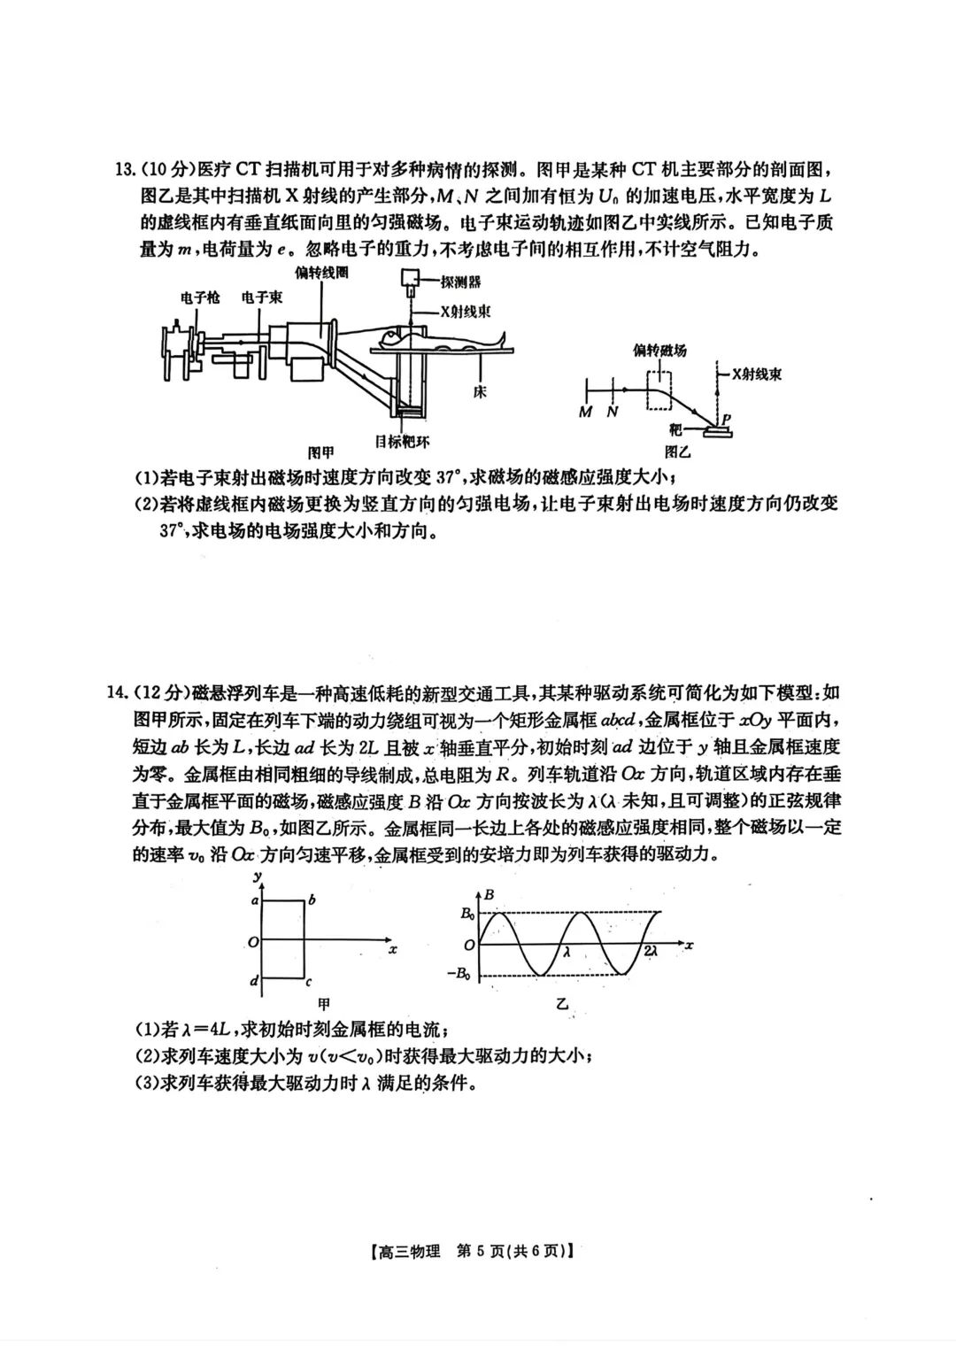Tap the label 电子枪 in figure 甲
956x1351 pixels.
[200, 297]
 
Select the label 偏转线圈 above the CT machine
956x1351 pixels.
[321, 273]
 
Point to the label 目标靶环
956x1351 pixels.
[403, 442]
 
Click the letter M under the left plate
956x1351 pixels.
[585, 413]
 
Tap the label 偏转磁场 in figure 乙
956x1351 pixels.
[659, 351]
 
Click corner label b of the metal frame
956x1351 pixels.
[312, 900]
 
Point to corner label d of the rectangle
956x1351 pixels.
[255, 980]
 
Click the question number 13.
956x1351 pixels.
[125, 169]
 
